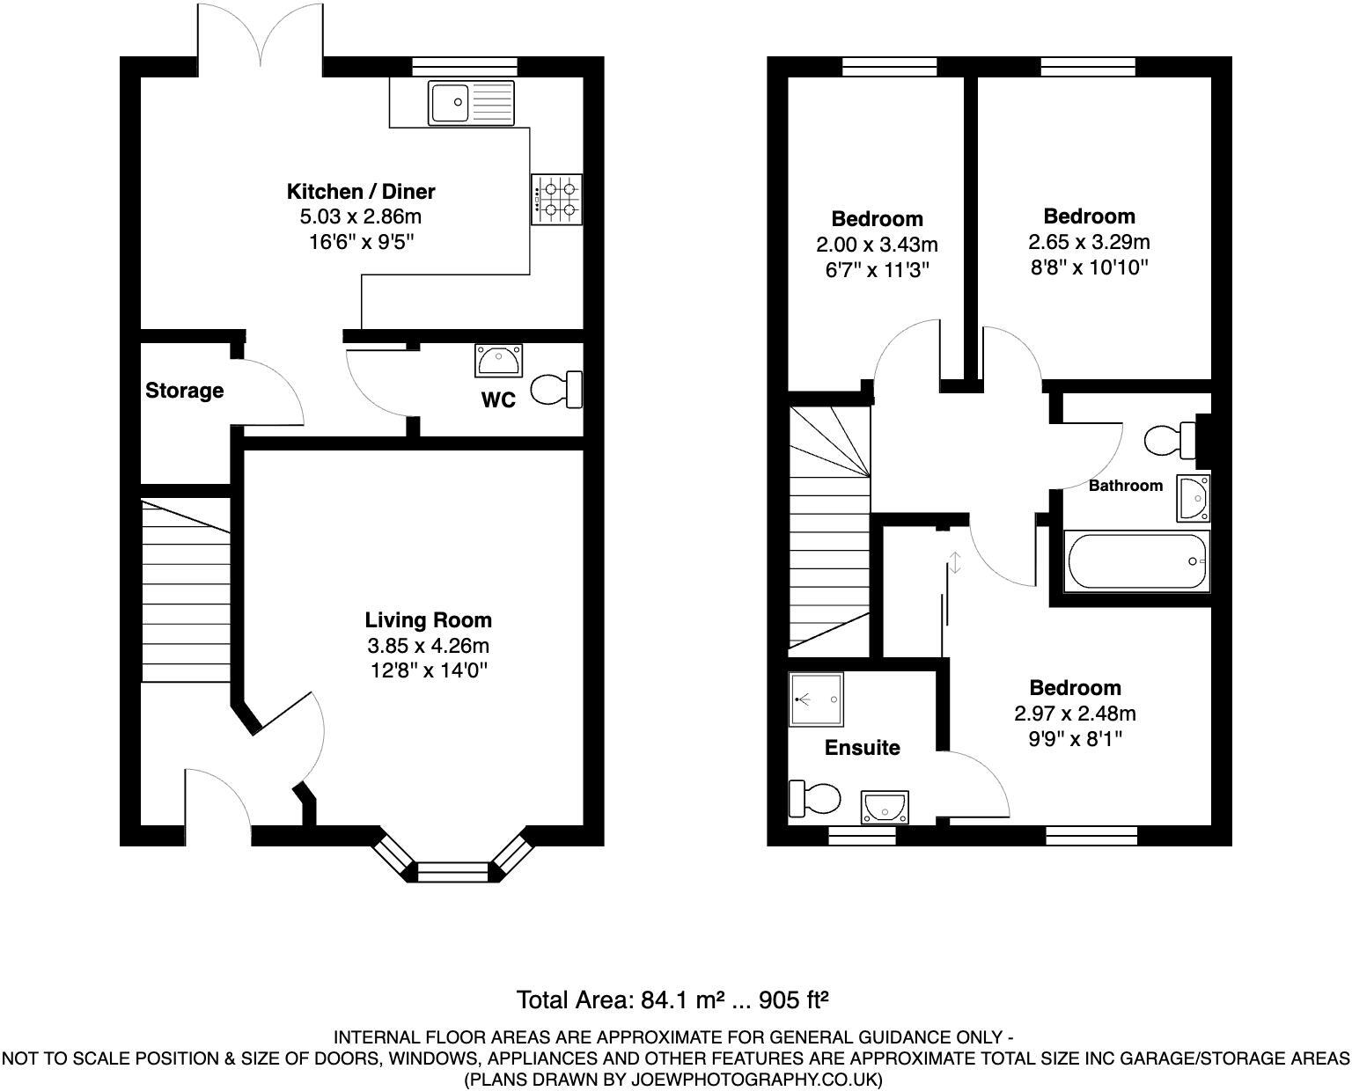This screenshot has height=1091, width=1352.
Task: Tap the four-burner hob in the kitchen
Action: tap(556, 200)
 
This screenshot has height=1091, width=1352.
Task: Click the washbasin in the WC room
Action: tap(498, 359)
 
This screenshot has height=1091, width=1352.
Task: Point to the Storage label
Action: tap(184, 391)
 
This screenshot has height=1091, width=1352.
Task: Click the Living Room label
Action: tap(428, 620)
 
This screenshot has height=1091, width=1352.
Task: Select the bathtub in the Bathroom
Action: tap(1136, 561)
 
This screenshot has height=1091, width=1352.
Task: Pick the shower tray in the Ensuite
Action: tap(815, 699)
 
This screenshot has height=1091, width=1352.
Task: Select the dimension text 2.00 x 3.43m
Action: tap(877, 244)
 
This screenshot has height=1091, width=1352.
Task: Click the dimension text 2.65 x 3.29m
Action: tap(1089, 242)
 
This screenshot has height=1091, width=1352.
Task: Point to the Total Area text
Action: tap(673, 1000)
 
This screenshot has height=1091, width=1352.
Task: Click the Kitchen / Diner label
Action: tap(361, 191)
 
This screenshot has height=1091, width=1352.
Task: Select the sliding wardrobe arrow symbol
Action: tap(955, 562)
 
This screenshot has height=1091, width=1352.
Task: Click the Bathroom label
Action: tap(1125, 486)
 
